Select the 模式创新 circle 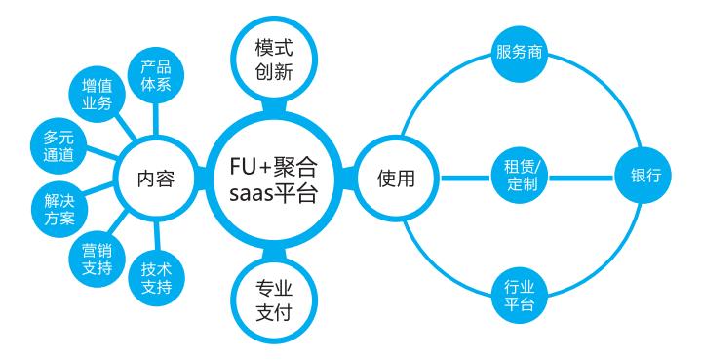pyautogui.click(x=273, y=60)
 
